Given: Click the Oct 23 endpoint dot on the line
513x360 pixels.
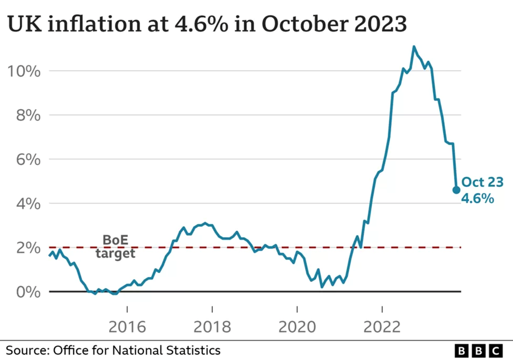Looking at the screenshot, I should pyautogui.click(x=456, y=190).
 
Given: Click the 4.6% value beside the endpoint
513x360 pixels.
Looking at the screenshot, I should pyautogui.click(x=478, y=199).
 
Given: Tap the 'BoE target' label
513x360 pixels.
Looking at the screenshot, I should pyautogui.click(x=115, y=247).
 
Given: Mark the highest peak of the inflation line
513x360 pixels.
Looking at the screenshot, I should pyautogui.click(x=414, y=46).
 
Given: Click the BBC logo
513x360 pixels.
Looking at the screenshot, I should pyautogui.click(x=478, y=350).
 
